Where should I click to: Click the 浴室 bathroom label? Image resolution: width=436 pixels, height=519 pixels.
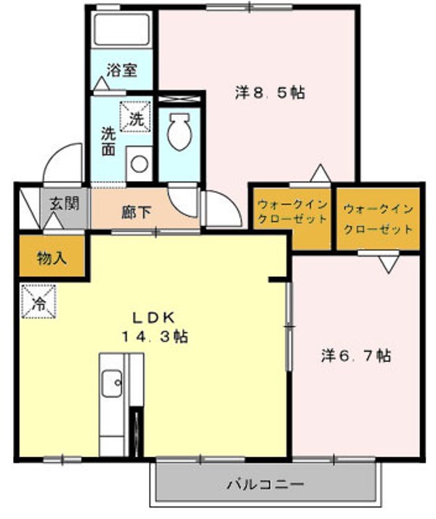(122, 71)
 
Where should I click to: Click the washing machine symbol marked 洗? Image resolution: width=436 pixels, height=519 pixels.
(136, 116)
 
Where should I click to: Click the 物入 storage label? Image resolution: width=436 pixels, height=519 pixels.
(52, 257)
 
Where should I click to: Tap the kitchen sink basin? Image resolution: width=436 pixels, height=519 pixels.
(111, 383)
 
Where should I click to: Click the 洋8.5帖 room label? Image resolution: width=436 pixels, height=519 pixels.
(269, 93)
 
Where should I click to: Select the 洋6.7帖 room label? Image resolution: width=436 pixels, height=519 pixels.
(356, 355)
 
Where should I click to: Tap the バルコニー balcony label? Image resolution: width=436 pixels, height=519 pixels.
(265, 483)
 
